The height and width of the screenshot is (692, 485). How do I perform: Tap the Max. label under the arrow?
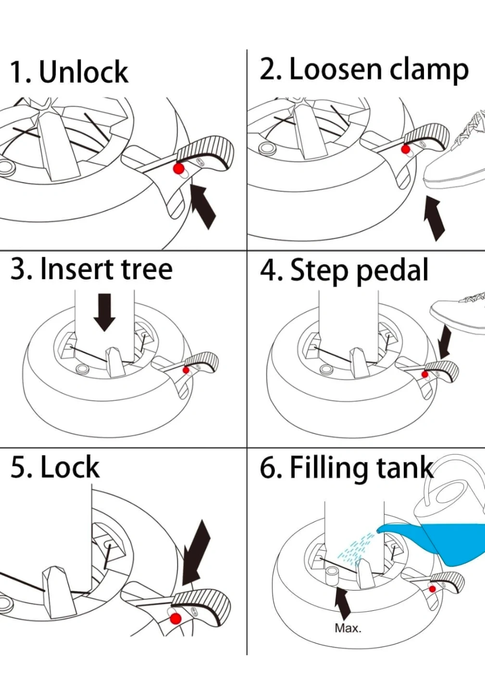point(348,628)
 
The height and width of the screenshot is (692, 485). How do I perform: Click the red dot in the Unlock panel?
point(179,169)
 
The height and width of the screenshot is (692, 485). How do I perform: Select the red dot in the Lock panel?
point(176,618)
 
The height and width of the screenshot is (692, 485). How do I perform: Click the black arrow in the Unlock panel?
point(203,205)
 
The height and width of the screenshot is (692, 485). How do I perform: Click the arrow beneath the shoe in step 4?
point(445,341)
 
